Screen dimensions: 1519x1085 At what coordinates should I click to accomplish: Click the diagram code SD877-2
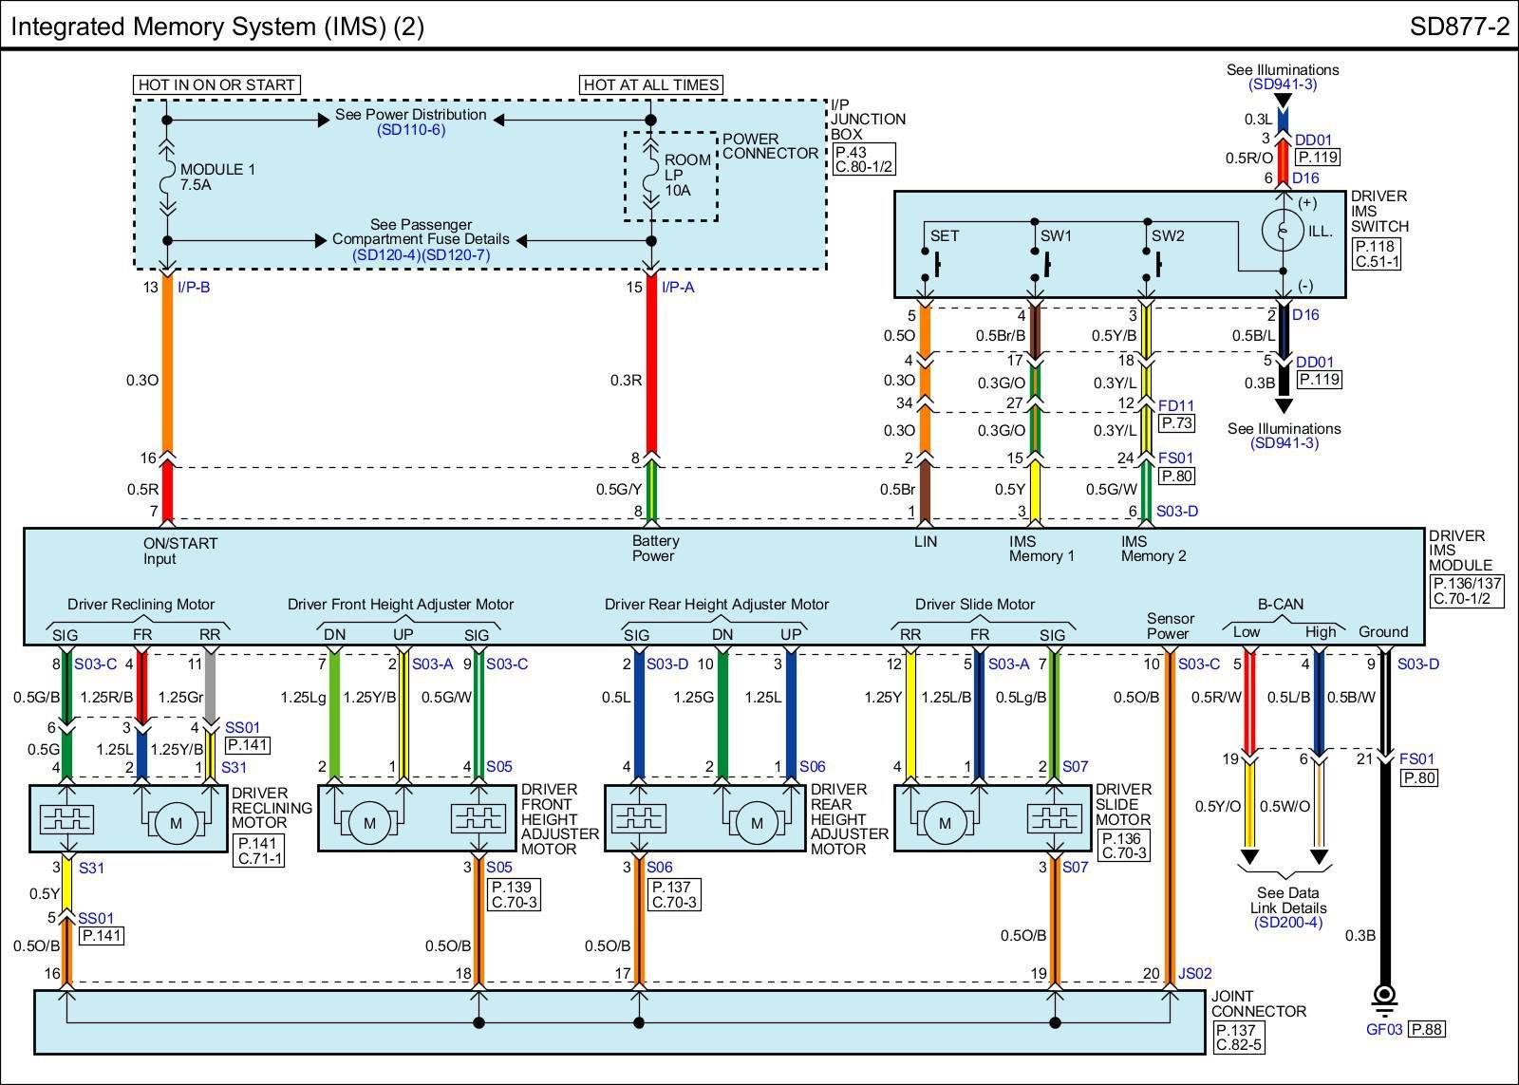click(x=1459, y=27)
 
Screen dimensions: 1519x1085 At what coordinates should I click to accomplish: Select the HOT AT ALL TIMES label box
click(x=651, y=84)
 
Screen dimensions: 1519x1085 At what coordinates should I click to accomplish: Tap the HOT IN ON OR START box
click(x=216, y=84)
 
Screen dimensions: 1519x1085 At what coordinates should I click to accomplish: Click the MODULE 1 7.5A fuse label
click(x=217, y=177)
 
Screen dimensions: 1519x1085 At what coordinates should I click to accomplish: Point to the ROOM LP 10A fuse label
click(x=687, y=175)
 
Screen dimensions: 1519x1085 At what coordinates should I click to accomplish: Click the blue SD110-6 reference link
click(x=411, y=129)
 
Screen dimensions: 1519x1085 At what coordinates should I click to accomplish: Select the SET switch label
click(x=944, y=236)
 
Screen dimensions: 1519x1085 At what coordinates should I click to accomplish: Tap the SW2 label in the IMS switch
click(x=1168, y=236)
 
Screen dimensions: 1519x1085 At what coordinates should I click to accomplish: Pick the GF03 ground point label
click(x=1383, y=1029)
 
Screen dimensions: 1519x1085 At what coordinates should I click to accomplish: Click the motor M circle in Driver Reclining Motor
click(x=177, y=823)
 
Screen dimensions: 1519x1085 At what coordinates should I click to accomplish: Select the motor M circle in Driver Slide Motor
click(x=945, y=823)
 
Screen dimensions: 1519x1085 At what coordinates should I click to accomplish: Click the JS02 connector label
click(x=1194, y=973)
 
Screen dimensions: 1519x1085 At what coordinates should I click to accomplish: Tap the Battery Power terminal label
click(x=654, y=548)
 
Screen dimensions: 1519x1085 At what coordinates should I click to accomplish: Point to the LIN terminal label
click(x=925, y=541)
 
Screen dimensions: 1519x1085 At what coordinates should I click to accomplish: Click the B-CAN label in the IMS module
click(x=1281, y=604)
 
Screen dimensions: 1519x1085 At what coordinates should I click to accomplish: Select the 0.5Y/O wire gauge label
click(x=1218, y=806)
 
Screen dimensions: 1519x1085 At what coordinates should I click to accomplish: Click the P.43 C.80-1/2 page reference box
click(x=864, y=159)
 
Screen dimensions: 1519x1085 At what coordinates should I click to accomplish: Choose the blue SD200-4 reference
click(x=1287, y=923)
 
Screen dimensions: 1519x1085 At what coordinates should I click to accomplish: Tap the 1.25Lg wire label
click(x=303, y=697)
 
